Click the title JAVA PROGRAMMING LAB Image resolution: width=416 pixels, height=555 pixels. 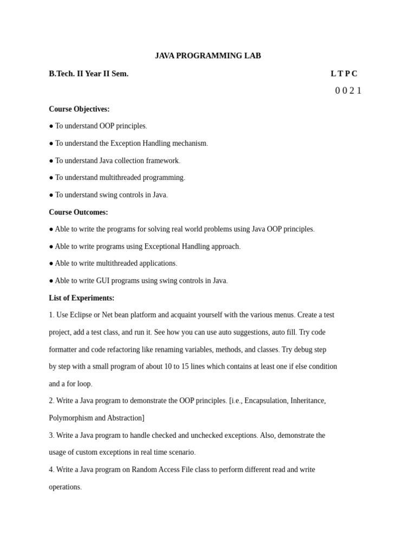[207, 56]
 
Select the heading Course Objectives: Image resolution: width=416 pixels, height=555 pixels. [79, 109]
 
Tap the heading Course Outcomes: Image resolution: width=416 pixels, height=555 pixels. [79, 212]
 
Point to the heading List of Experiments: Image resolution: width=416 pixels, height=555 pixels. [81, 298]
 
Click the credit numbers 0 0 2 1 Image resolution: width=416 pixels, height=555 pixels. [348, 91]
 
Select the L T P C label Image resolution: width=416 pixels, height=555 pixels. [344, 74]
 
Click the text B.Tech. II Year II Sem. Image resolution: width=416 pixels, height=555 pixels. [89, 74]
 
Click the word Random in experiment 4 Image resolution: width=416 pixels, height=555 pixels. [144, 469]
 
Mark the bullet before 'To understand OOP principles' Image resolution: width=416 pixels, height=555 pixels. [51, 126]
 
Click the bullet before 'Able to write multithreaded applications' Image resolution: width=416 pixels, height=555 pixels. [51, 263]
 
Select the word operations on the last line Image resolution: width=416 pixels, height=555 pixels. [64, 487]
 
